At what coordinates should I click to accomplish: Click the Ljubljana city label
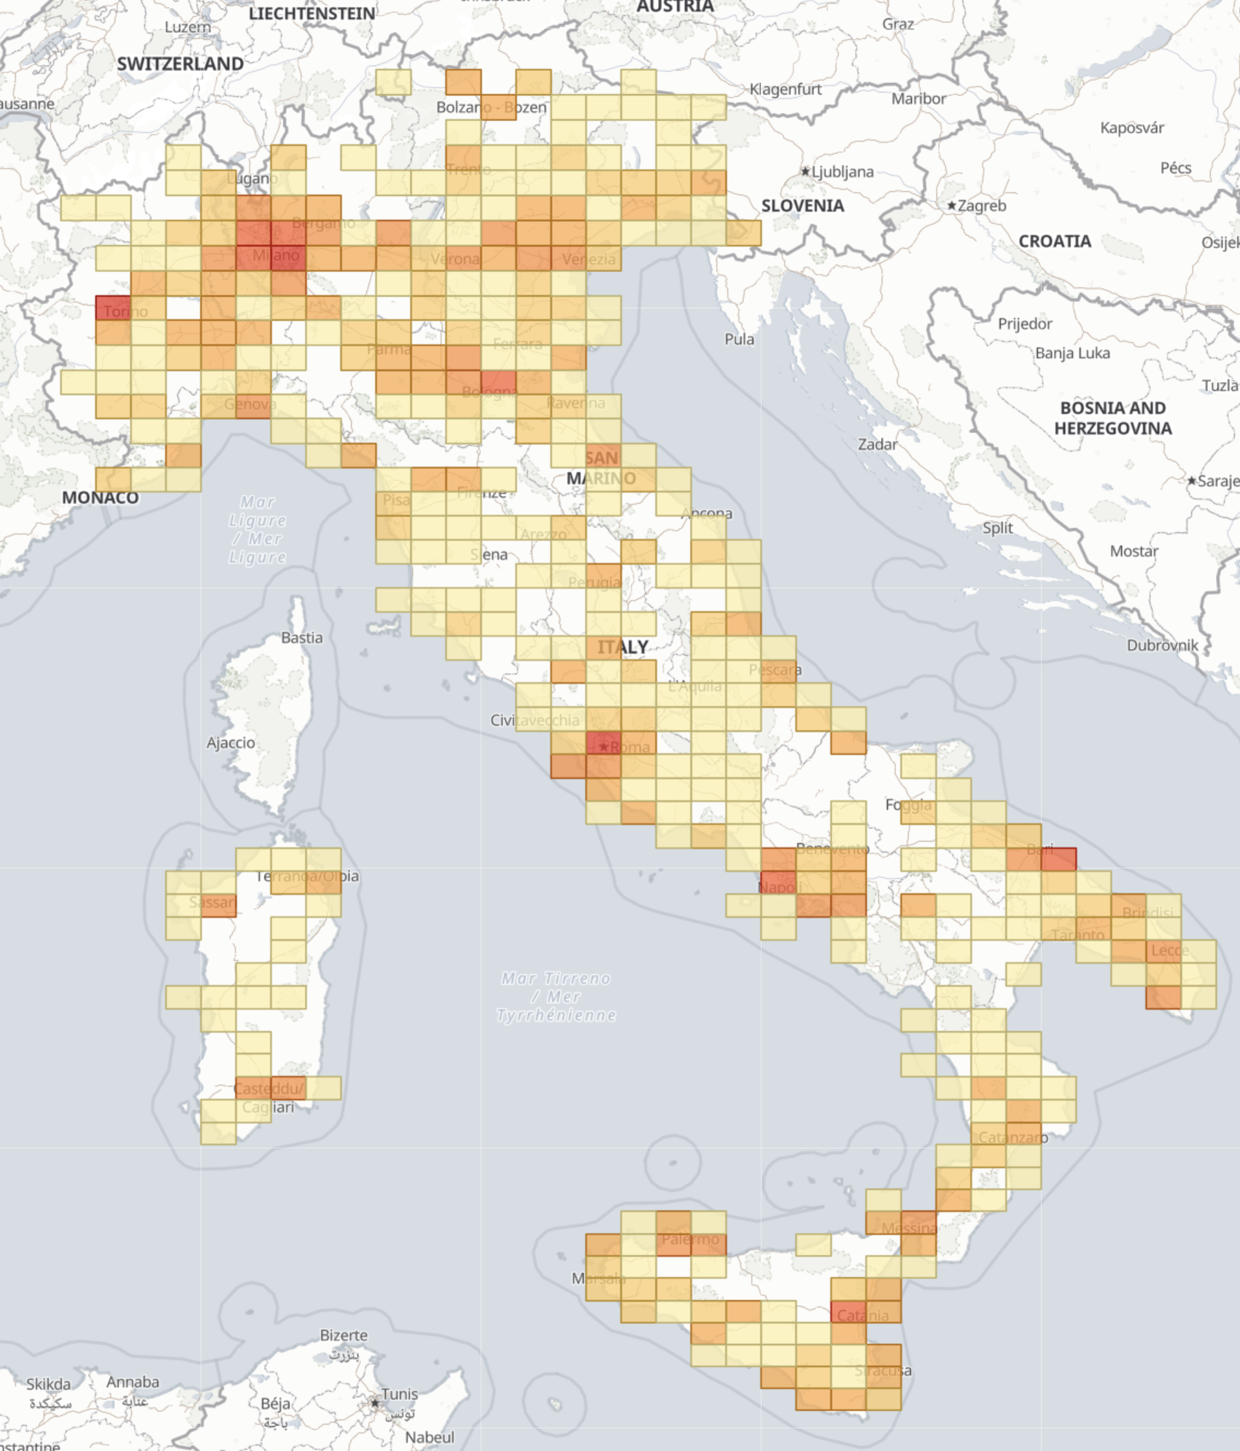842,172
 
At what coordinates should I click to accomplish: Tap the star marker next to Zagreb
952,206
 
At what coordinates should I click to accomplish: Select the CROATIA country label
1055,241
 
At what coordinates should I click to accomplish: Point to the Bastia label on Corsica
302,638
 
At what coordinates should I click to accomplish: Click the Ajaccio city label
230,743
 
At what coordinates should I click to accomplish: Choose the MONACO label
100,498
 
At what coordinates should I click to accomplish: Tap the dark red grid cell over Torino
113,308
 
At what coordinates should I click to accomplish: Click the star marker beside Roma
603,747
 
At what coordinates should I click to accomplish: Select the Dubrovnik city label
1162,645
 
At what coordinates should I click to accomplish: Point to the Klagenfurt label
786,90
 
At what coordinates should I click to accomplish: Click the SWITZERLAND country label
180,64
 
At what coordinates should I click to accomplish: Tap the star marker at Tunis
375,1403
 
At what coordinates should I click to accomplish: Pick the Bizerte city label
344,1336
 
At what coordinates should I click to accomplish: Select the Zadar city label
877,445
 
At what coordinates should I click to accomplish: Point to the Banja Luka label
1072,354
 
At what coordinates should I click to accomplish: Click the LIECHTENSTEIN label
311,14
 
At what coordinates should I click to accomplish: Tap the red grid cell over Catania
848,1312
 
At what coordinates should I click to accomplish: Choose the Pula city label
739,340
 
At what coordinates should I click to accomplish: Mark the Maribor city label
918,99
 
